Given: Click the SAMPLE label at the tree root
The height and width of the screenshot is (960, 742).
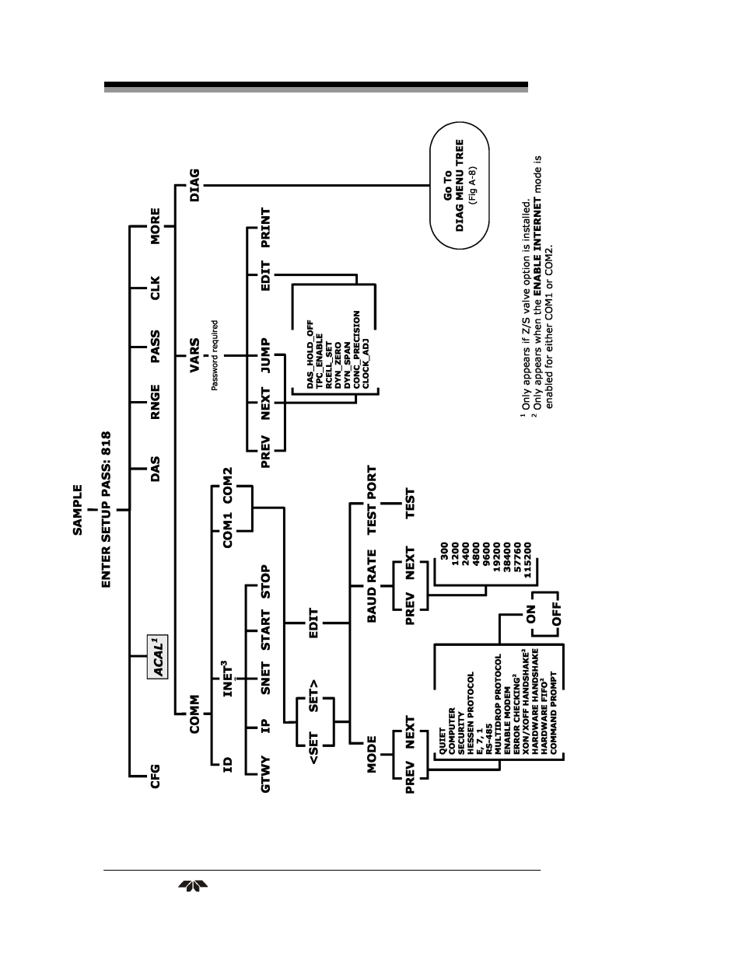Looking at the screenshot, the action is click(x=77, y=510).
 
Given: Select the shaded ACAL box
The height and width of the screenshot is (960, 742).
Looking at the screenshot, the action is click(x=157, y=657).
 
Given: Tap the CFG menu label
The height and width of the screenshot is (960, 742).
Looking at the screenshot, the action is click(x=155, y=777).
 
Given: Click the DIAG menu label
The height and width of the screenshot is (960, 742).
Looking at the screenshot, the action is click(x=194, y=185).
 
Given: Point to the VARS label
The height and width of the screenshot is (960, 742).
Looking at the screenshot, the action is click(x=194, y=355).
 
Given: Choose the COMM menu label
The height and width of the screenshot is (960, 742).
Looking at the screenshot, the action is click(x=194, y=714).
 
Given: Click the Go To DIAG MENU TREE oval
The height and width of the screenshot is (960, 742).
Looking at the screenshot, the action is click(x=460, y=185).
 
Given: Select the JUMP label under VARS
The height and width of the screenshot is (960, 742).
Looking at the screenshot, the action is click(x=265, y=355).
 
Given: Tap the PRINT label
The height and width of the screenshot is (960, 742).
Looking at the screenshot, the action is click(x=265, y=228).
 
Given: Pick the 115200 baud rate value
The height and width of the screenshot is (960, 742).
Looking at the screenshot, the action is click(x=527, y=560).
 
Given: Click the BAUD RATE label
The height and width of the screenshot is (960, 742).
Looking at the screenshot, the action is click(x=372, y=586).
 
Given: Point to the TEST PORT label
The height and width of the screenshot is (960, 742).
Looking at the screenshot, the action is click(x=372, y=501).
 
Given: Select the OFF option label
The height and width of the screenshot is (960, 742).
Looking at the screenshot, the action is click(x=556, y=615).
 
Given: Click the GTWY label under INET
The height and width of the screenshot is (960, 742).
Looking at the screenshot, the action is click(x=265, y=774).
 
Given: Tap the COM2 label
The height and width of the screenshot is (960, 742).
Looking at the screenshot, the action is click(x=227, y=485).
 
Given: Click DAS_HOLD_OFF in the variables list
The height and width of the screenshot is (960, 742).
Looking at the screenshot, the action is click(x=310, y=354).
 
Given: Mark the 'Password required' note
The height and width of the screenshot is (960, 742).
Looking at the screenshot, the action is click(x=215, y=355).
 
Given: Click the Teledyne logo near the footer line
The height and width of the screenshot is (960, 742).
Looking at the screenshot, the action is click(x=193, y=886).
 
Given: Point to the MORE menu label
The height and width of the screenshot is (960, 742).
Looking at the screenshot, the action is click(x=155, y=226).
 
